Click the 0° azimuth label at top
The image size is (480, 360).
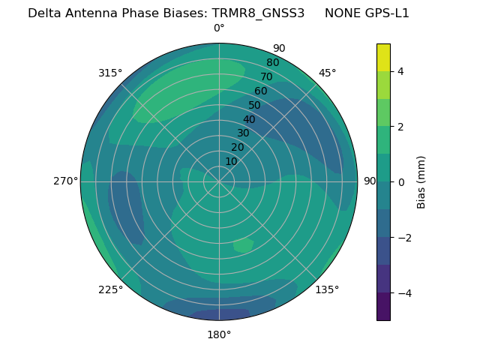pyautogui.click(x=219, y=28)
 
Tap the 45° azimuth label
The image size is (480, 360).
pyautogui.click(x=327, y=73)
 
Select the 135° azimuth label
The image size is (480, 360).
pyautogui.click(x=327, y=289)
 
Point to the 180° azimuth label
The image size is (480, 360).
pyautogui.click(x=219, y=334)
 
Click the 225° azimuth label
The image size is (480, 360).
pyautogui.click(x=110, y=290)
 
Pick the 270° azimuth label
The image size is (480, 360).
pyautogui.click(x=66, y=181)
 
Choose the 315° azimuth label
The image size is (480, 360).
pyautogui.click(x=110, y=73)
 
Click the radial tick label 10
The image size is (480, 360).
pyautogui.click(x=231, y=161)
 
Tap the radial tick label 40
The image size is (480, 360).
pyautogui.click(x=249, y=119)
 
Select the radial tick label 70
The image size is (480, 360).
pyautogui.click(x=266, y=76)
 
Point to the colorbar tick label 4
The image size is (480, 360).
pyautogui.click(x=400, y=71)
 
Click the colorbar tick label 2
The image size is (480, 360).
pyautogui.click(x=400, y=127)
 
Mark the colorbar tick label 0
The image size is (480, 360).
pyautogui.click(x=400, y=182)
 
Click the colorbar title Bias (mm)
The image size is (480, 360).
pyautogui.click(x=421, y=182)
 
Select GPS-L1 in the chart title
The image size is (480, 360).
pyautogui.click(x=385, y=13)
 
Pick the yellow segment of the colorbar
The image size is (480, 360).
pyautogui.click(x=383, y=58)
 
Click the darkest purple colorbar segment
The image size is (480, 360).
pyautogui.click(x=383, y=307)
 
